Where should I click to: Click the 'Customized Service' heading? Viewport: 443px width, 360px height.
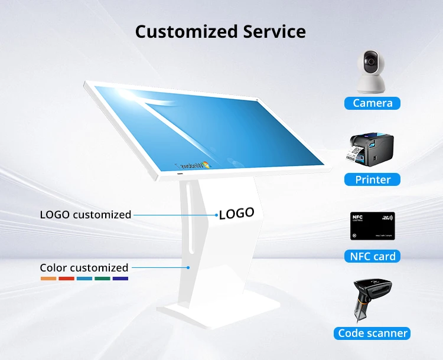(x=220, y=31)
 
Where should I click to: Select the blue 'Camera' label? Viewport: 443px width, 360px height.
(x=373, y=103)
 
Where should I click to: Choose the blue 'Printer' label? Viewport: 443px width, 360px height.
(x=373, y=179)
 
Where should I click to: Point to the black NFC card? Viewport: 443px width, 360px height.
(x=373, y=225)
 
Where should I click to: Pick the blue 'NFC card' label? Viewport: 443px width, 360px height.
(x=373, y=256)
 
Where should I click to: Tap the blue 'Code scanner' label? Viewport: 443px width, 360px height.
(x=373, y=333)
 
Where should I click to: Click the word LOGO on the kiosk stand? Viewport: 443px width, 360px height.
(x=237, y=213)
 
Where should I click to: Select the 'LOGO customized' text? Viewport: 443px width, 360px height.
(x=86, y=215)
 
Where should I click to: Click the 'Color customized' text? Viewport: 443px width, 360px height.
(x=84, y=268)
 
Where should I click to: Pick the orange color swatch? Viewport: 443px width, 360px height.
(x=48, y=278)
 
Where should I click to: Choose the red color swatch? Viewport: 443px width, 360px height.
(x=66, y=278)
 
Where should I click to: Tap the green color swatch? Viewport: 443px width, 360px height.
(x=102, y=278)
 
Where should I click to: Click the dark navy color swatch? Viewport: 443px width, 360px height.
(x=120, y=278)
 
